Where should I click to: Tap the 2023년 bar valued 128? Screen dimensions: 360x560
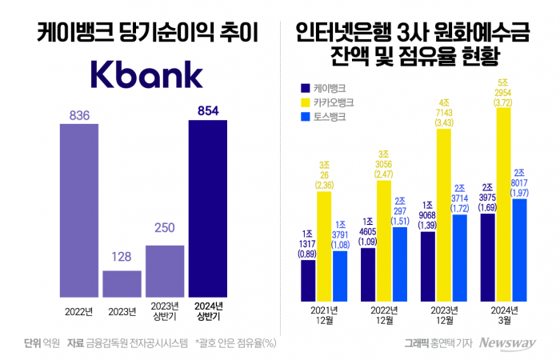tap(122, 283)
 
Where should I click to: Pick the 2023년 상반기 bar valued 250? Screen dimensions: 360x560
tap(165, 270)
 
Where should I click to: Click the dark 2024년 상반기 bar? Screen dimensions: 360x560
tap(208, 208)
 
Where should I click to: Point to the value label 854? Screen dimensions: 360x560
tap(208, 111)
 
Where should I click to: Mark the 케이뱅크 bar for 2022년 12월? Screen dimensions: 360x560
tap(368, 271)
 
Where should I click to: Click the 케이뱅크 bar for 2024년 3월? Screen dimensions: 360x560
tap(488, 254)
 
